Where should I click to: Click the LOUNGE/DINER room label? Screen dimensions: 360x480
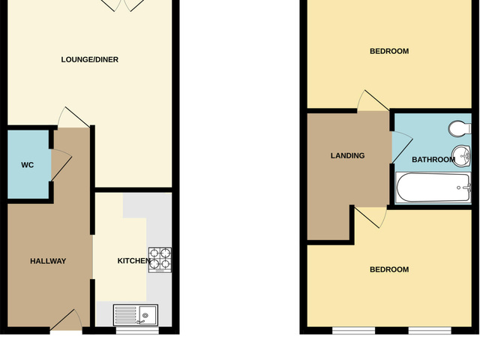click(x=89, y=60)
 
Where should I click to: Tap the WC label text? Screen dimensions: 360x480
click(x=17, y=165)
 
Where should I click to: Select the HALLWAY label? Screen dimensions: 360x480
click(x=48, y=262)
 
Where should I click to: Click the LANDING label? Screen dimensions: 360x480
click(x=347, y=156)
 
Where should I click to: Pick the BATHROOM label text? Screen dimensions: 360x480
click(x=433, y=160)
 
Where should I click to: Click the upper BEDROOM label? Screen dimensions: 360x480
click(x=389, y=51)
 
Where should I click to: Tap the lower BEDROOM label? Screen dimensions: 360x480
click(x=389, y=270)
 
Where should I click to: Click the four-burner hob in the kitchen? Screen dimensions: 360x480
click(x=160, y=259)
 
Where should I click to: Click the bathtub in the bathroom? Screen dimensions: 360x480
click(x=433, y=187)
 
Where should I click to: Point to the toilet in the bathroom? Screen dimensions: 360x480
click(x=460, y=127)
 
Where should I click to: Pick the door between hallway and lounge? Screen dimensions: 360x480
click(x=73, y=117)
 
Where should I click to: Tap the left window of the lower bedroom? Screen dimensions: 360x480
click(x=354, y=330)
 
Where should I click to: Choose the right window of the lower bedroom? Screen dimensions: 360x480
click(x=430, y=330)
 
